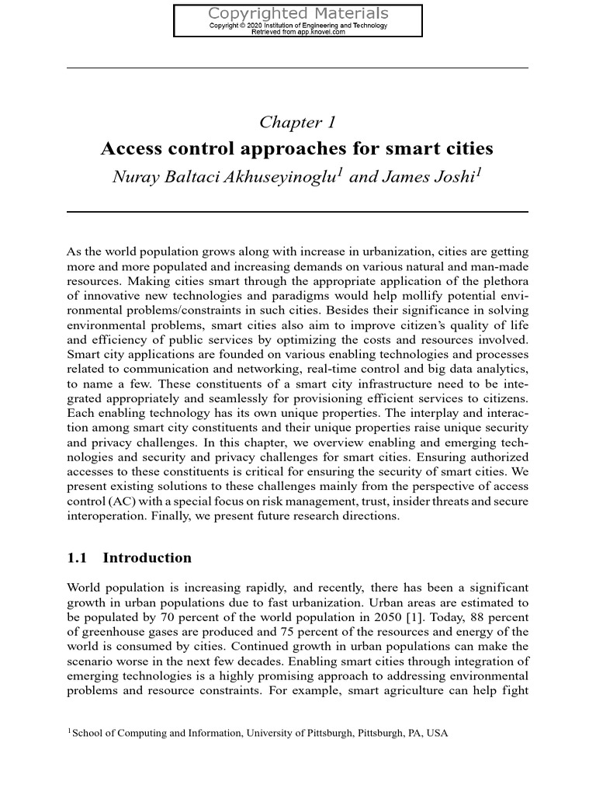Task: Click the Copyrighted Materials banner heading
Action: point(298,13)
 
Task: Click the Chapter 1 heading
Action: point(297,122)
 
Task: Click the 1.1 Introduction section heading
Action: point(130,557)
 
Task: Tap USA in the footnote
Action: point(438,732)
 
